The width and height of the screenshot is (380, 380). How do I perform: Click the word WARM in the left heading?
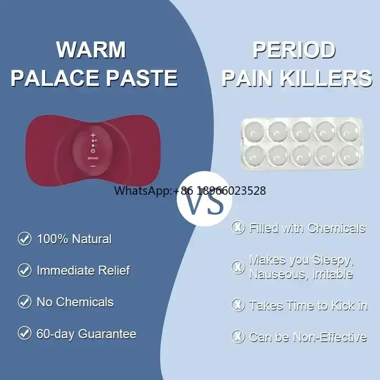tap(91, 50)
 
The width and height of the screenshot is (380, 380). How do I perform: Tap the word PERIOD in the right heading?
tap(294, 50)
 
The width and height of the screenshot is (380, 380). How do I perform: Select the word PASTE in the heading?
tap(142, 78)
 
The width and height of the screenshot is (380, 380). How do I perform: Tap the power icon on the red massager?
tap(93, 151)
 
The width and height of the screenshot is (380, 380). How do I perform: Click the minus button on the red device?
tap(93, 166)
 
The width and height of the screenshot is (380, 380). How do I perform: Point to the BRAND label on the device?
tap(93, 158)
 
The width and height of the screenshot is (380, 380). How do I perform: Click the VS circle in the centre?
tap(205, 199)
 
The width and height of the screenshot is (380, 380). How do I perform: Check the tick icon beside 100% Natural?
tap(25, 239)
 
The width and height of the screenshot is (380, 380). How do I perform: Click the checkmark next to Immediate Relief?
tap(25, 270)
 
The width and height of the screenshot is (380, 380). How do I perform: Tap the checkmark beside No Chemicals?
tap(25, 302)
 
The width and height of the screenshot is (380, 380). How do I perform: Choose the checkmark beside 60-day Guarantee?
tap(25, 333)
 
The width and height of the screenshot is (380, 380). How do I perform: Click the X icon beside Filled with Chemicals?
tap(237, 227)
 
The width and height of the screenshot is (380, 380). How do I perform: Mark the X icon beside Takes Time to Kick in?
tap(237, 305)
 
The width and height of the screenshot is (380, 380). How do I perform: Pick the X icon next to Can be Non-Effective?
tap(237, 336)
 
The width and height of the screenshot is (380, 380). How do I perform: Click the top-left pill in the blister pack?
tap(254, 131)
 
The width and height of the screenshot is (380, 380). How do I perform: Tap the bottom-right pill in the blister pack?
tap(350, 155)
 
